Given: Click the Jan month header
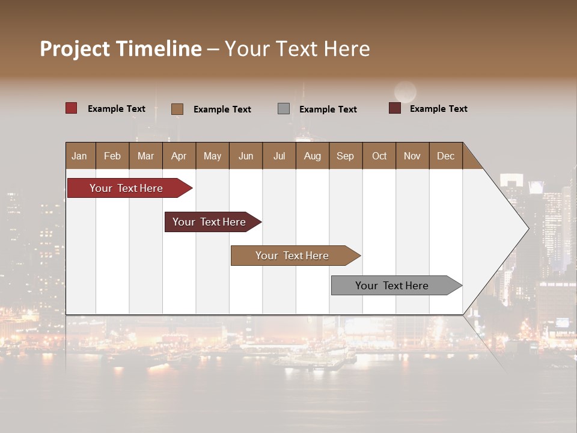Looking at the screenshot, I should [79, 156].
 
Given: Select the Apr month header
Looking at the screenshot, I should [179, 156].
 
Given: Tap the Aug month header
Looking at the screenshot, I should [312, 156].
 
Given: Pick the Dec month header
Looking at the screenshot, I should [445, 156].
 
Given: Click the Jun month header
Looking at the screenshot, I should [245, 156].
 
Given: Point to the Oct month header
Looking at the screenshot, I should [379, 156].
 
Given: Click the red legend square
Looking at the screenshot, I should [71, 108].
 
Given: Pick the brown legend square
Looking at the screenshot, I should [177, 109].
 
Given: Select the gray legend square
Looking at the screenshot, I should [283, 109].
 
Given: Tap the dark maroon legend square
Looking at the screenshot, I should [394, 108].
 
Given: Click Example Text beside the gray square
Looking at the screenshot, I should [328, 109].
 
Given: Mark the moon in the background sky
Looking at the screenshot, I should [405, 92].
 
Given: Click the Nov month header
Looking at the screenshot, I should [412, 156].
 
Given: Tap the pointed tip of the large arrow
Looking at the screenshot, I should [527, 229].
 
